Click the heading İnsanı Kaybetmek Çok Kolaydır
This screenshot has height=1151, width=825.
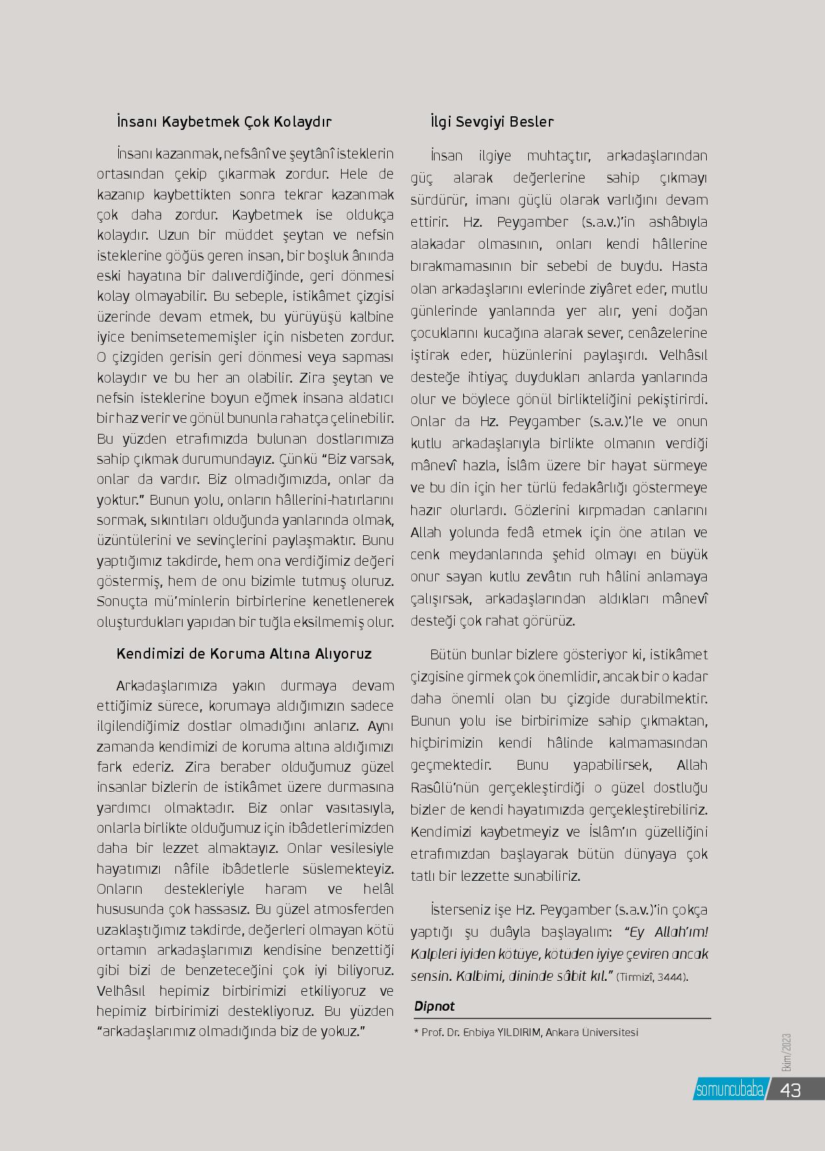click(224, 122)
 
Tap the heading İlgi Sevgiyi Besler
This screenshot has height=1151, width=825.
click(492, 122)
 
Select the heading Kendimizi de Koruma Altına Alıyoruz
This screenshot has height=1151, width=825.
click(244, 653)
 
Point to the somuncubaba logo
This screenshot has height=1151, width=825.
click(729, 1090)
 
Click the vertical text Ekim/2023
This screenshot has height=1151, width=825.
click(787, 1055)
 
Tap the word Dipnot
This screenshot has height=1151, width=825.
click(434, 1006)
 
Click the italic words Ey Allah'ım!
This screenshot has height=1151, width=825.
click(666, 932)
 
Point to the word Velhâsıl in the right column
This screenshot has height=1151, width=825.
click(683, 355)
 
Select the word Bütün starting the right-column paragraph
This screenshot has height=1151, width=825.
click(450, 654)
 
